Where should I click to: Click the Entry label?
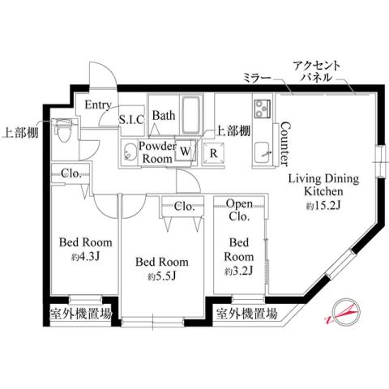click(x=97, y=105)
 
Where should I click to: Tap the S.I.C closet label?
click(x=131, y=120)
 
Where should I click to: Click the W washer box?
click(x=186, y=151)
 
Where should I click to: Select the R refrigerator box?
click(x=214, y=151)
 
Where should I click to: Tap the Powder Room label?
click(x=157, y=152)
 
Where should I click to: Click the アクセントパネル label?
click(x=323, y=72)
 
